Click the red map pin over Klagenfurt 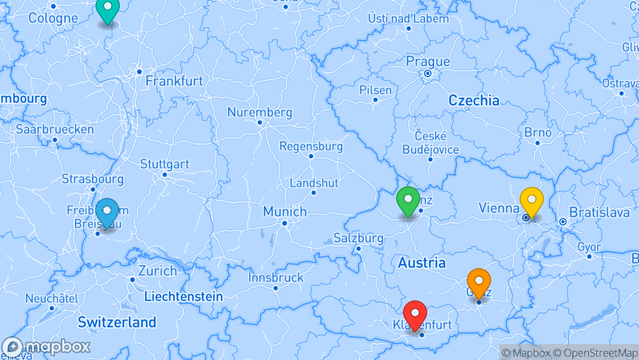pyautogui.click(x=415, y=313)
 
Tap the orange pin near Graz pyautogui.click(x=479, y=281)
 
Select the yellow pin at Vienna pyautogui.click(x=532, y=200)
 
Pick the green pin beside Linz pyautogui.click(x=408, y=200)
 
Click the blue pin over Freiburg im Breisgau pyautogui.click(x=107, y=211)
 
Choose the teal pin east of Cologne pyautogui.click(x=108, y=7)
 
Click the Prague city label pyautogui.click(x=428, y=62)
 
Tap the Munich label pyautogui.click(x=285, y=212)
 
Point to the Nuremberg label pyautogui.click(x=259, y=112)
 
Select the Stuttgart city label pyautogui.click(x=165, y=164)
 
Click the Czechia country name pyautogui.click(x=474, y=100)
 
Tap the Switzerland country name pyautogui.click(x=117, y=322)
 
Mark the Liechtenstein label pyautogui.click(x=183, y=297)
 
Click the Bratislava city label pyautogui.click(x=599, y=213)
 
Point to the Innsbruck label pyautogui.click(x=276, y=278)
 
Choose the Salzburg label pyautogui.click(x=359, y=238)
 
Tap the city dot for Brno pyautogui.click(x=538, y=143)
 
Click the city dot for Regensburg pyautogui.click(x=311, y=156)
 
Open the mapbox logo pyautogui.click(x=46, y=347)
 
